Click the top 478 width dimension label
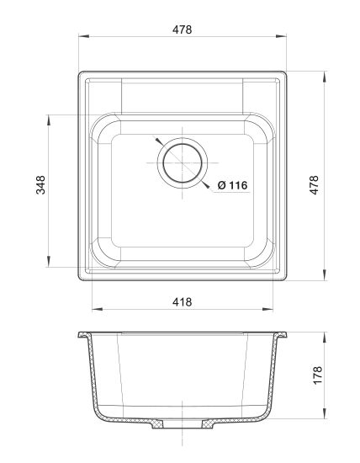[182, 29]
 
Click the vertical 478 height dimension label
[314, 185]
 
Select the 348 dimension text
[40, 185]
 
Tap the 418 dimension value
[182, 302]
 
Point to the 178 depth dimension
[317, 375]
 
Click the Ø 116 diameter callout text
[232, 185]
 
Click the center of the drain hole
[183, 162]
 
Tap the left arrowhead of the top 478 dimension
[84, 36]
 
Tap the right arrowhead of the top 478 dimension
[281, 36]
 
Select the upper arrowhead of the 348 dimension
[49, 120]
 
